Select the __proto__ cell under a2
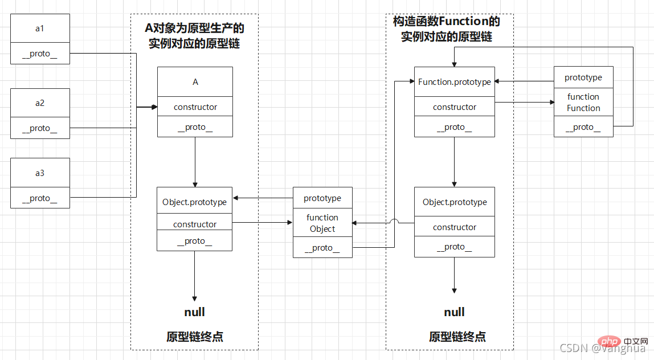click(40, 128)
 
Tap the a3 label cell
click(40, 173)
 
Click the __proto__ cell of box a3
click(40, 198)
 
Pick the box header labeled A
click(195, 82)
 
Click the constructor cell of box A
click(195, 107)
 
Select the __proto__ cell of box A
click(195, 127)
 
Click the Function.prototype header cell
click(454, 82)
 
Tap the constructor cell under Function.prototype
click(454, 107)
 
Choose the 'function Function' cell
click(583, 103)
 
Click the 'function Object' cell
click(322, 223)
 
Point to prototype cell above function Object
click(322, 198)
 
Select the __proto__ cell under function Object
click(322, 248)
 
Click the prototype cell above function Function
click(583, 77)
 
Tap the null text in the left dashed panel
click(195, 312)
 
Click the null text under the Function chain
click(454, 312)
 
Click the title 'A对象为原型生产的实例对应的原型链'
click(195, 36)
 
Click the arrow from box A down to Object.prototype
click(195, 162)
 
